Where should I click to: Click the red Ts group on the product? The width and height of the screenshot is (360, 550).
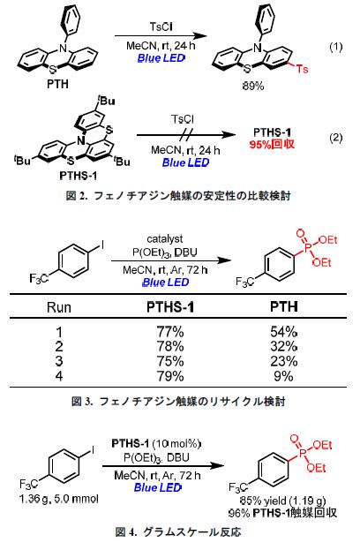click(302, 68)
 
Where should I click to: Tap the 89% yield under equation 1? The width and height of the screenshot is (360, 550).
click(253, 86)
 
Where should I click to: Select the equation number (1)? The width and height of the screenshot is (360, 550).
click(335, 47)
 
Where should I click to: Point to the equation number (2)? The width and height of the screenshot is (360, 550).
click(335, 137)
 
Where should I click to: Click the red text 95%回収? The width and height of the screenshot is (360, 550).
click(272, 144)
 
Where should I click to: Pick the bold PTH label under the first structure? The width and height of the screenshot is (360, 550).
click(57, 84)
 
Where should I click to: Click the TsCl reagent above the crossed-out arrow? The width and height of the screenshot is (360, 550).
click(183, 119)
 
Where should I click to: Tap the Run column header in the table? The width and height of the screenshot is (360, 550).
click(59, 307)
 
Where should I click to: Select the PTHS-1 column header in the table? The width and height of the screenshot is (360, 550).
click(170, 307)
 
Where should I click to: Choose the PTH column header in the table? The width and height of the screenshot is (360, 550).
click(284, 306)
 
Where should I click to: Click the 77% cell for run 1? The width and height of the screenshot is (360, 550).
click(170, 331)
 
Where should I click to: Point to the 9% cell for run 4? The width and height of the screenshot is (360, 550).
click(283, 376)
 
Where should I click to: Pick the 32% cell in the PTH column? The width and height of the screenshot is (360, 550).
click(283, 346)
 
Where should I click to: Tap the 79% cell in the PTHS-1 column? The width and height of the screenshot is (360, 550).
click(170, 376)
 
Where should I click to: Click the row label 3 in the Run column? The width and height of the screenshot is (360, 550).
click(59, 361)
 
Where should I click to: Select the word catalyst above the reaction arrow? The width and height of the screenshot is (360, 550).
click(165, 239)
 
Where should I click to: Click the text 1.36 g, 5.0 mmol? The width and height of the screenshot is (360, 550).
click(59, 499)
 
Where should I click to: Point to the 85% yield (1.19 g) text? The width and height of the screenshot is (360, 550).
click(282, 501)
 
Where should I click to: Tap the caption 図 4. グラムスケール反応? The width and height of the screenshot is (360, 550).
click(178, 532)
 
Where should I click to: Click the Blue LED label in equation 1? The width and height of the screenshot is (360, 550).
click(161, 58)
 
